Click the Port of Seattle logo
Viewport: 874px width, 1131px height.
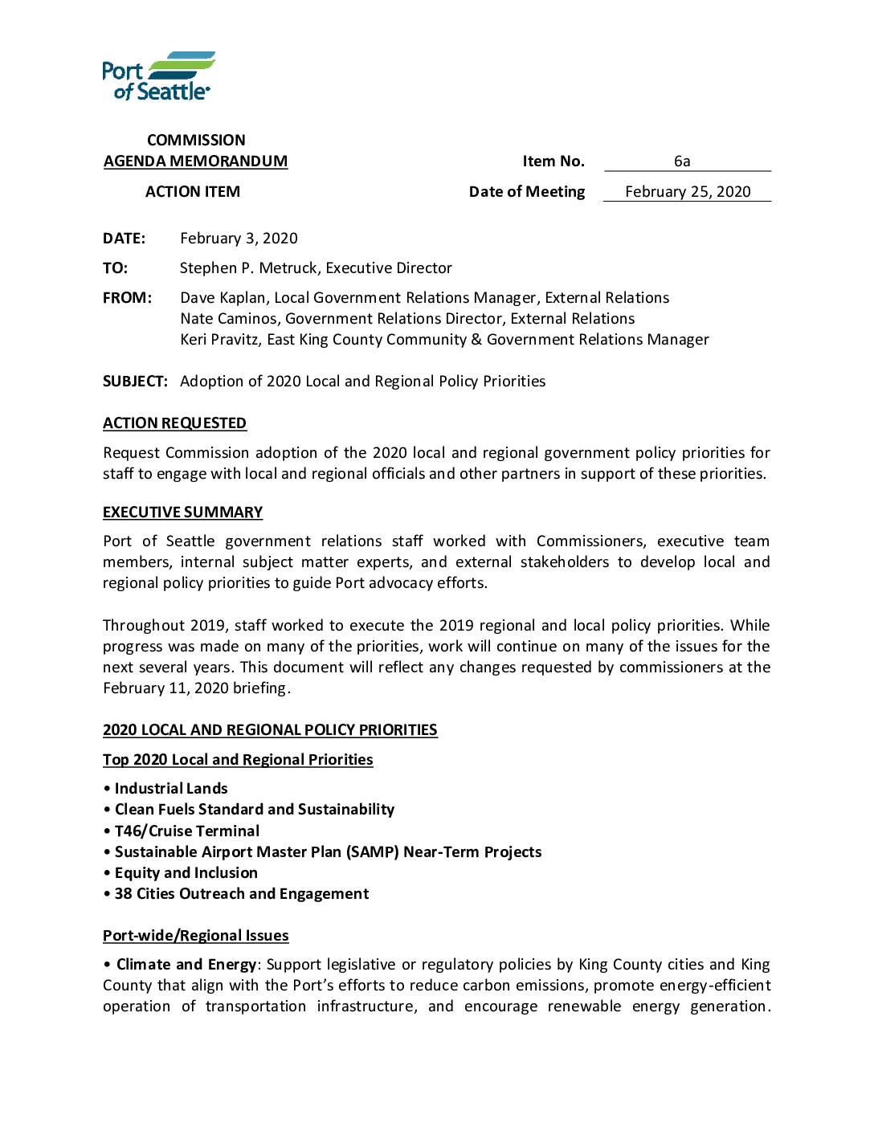tap(158, 76)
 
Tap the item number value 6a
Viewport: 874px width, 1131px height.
tap(682, 161)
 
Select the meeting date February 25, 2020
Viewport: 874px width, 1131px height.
tap(688, 192)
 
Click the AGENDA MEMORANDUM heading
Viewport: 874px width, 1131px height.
tap(195, 161)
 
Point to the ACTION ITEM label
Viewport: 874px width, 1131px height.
tap(193, 192)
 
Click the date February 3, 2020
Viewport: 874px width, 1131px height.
tap(239, 239)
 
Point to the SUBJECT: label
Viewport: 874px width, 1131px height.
tap(135, 382)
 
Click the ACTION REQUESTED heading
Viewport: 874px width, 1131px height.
tap(174, 423)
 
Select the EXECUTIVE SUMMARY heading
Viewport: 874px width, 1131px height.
tap(182, 512)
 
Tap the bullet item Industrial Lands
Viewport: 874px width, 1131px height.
tap(171, 789)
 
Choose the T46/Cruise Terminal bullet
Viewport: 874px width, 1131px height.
tap(187, 831)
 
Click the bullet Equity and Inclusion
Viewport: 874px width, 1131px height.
tap(186, 873)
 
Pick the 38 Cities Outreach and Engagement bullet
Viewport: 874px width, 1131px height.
tap(242, 894)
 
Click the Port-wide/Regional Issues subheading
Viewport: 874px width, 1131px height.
tap(195, 936)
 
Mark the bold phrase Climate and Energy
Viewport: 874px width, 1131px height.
tap(186, 965)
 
